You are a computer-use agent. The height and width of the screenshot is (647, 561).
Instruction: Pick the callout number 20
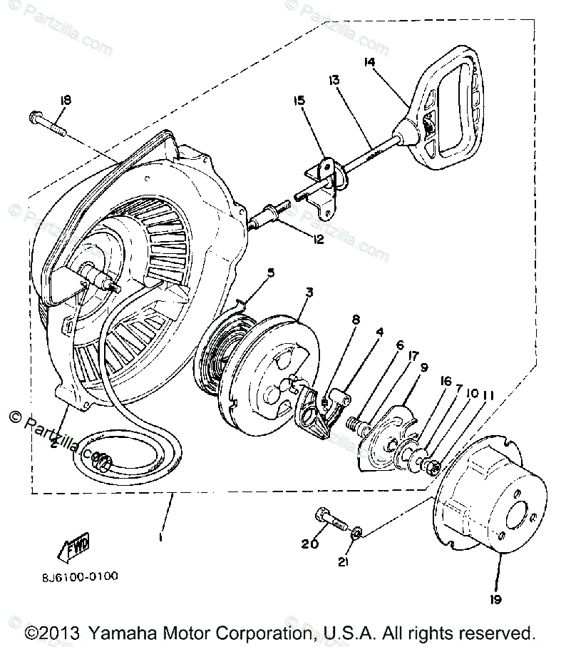pyautogui.click(x=309, y=544)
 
